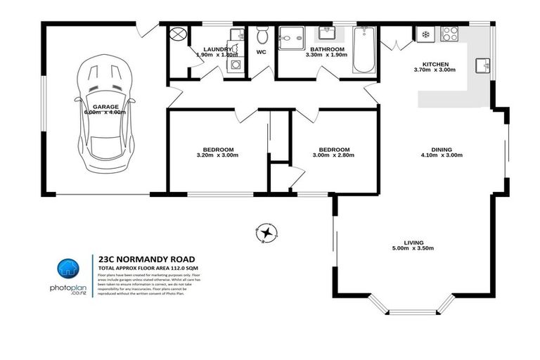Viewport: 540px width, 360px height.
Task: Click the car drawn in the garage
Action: click(105, 112)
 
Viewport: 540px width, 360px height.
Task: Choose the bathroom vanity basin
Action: click(326, 33)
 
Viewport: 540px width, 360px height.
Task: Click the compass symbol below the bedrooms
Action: click(267, 231)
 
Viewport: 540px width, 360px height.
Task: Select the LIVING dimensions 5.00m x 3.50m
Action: click(413, 248)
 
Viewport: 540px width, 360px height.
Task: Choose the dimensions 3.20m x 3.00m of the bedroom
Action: click(217, 155)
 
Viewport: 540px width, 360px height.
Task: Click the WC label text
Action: click(261, 52)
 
